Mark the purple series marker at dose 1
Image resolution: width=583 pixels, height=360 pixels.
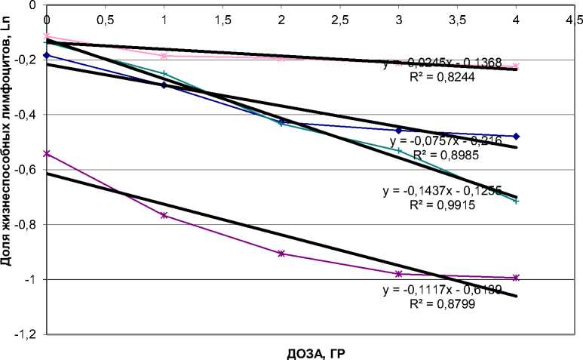tap(164, 216)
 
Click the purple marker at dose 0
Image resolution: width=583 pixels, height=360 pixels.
tap(47, 153)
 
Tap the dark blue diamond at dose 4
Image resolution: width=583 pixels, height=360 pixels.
tap(516, 136)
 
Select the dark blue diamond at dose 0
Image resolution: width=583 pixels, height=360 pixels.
tap(47, 55)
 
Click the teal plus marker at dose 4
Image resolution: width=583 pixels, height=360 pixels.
tap(516, 201)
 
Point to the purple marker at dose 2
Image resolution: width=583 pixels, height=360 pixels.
tap(281, 254)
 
